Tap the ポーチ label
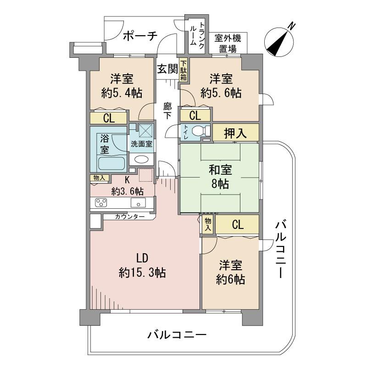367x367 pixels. [x=140, y=36]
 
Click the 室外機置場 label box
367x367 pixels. [x=228, y=43]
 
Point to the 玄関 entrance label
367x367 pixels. [x=167, y=69]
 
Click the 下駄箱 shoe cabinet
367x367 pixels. [x=183, y=71]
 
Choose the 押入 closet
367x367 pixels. [x=235, y=133]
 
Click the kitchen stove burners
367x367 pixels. [x=101, y=203]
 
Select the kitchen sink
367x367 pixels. [x=137, y=203]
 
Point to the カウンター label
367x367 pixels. [x=130, y=216]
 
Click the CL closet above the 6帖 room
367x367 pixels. [x=237, y=225]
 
